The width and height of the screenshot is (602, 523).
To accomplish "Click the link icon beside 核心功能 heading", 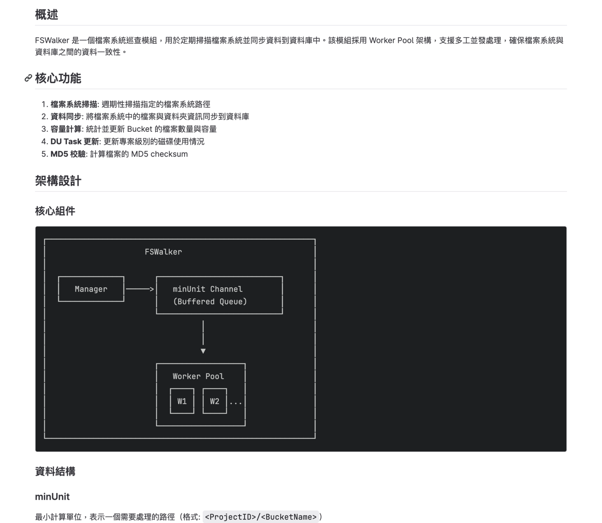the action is click(x=28, y=78).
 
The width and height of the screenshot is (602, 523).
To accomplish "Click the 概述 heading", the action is click(x=46, y=15).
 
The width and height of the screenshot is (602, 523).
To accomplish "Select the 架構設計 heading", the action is click(x=58, y=181).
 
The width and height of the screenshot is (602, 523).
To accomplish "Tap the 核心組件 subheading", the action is click(x=55, y=211).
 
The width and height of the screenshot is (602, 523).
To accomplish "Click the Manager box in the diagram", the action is click(x=91, y=289).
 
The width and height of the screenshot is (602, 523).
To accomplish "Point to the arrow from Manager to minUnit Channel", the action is click(x=140, y=289).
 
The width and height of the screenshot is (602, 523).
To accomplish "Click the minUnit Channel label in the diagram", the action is click(x=208, y=289).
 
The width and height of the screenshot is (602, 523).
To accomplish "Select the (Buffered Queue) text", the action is click(x=210, y=301).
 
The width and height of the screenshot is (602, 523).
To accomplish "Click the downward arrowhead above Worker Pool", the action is click(x=203, y=351).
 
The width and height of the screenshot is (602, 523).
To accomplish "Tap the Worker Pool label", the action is click(x=198, y=376).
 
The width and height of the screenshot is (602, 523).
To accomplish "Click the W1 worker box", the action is click(x=182, y=401).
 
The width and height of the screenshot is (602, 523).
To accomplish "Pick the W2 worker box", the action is click(x=214, y=401).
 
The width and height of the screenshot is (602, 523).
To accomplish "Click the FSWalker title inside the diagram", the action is click(x=163, y=252).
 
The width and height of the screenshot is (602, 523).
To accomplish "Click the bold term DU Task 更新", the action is click(x=75, y=141).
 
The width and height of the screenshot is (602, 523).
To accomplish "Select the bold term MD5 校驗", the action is click(x=68, y=154).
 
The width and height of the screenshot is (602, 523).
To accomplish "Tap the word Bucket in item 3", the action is click(x=139, y=129).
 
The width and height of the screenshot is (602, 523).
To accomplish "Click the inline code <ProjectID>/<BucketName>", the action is click(x=261, y=517).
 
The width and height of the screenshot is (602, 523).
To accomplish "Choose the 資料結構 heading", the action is click(x=55, y=471).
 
